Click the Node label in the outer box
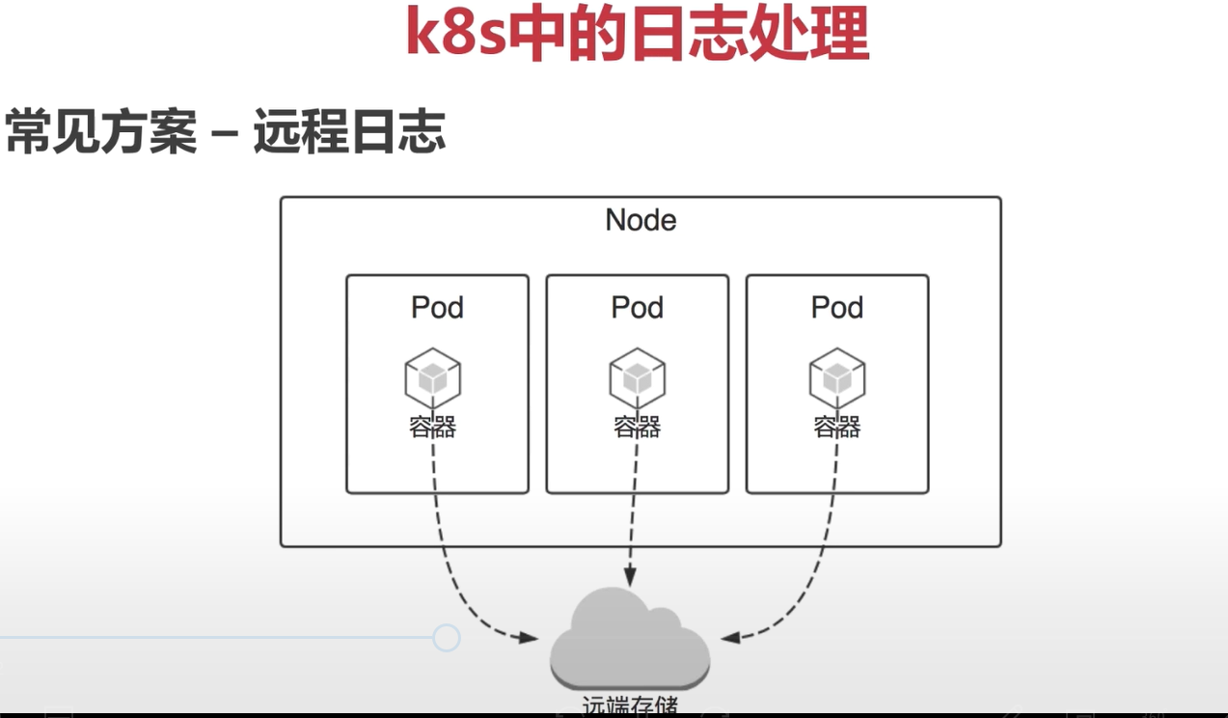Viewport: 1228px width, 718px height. click(641, 220)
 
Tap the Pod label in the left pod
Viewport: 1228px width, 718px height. click(437, 308)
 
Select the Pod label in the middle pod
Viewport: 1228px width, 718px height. click(637, 308)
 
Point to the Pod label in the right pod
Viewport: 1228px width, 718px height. click(836, 308)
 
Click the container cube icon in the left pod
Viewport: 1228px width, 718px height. click(432, 377)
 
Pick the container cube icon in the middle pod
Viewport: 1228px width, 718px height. click(637, 377)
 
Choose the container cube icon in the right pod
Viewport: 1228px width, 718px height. click(836, 377)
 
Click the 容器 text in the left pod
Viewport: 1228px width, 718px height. click(432, 427)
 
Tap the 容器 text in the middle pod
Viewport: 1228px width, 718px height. click(637, 427)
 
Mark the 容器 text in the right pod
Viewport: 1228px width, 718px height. click(836, 427)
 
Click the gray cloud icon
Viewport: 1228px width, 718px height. click(629, 637)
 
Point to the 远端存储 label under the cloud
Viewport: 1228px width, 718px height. click(630, 705)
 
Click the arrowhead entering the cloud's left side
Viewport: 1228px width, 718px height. click(529, 638)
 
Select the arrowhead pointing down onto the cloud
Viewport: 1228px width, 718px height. click(630, 577)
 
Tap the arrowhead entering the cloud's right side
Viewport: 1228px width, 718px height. click(729, 638)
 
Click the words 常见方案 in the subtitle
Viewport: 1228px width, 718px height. click(100, 131)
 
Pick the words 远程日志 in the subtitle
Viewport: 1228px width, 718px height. click(349, 131)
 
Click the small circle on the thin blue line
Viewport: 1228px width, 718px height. click(446, 638)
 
